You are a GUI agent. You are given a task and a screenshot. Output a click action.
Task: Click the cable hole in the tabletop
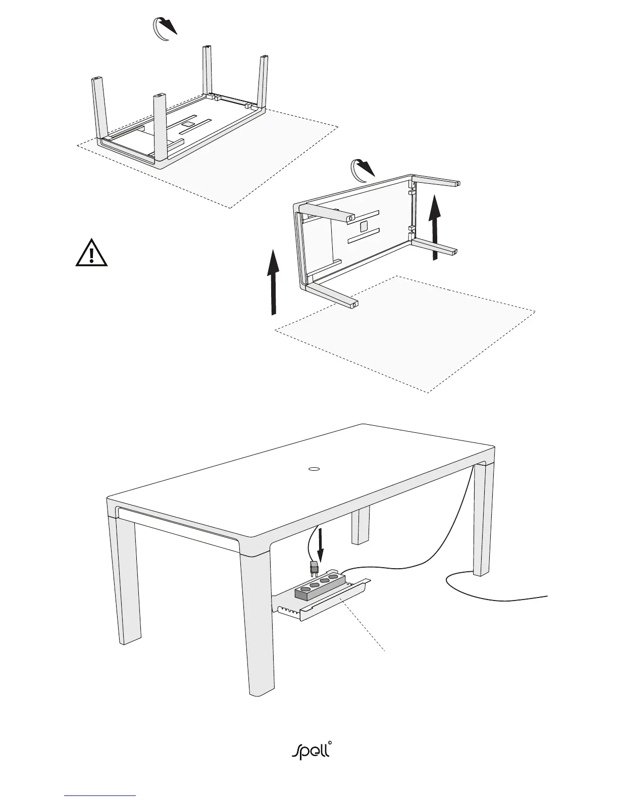coord(314,469)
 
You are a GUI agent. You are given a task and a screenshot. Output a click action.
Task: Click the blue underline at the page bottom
coord(100,795)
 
